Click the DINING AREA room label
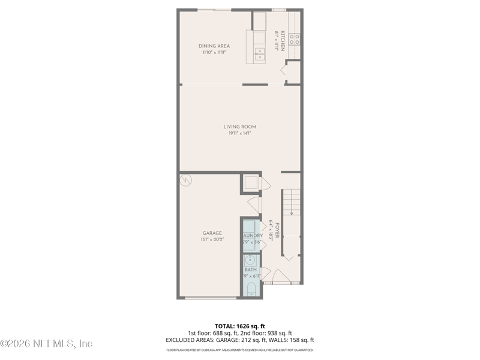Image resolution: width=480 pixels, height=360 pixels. coord(214,46)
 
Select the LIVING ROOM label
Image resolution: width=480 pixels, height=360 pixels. coord(240,127)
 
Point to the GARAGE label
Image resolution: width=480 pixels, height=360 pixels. coord(212,233)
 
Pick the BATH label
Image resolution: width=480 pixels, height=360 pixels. coord(251,270)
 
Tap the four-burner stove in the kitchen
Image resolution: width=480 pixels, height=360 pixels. coord(295,40)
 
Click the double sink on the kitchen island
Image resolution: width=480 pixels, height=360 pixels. coord(259,56)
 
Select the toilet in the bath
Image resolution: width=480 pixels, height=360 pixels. coord(251,291)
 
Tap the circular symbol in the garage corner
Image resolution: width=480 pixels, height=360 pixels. coord(185,179)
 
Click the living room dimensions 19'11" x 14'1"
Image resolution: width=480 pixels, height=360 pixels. coord(240,134)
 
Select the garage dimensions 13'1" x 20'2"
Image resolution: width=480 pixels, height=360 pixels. coord(212,240)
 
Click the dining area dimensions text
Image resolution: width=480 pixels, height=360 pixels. coord(214,53)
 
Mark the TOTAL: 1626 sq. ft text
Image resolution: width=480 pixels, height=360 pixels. coord(240,326)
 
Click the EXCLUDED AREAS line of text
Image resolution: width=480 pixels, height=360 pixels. coord(240,340)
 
